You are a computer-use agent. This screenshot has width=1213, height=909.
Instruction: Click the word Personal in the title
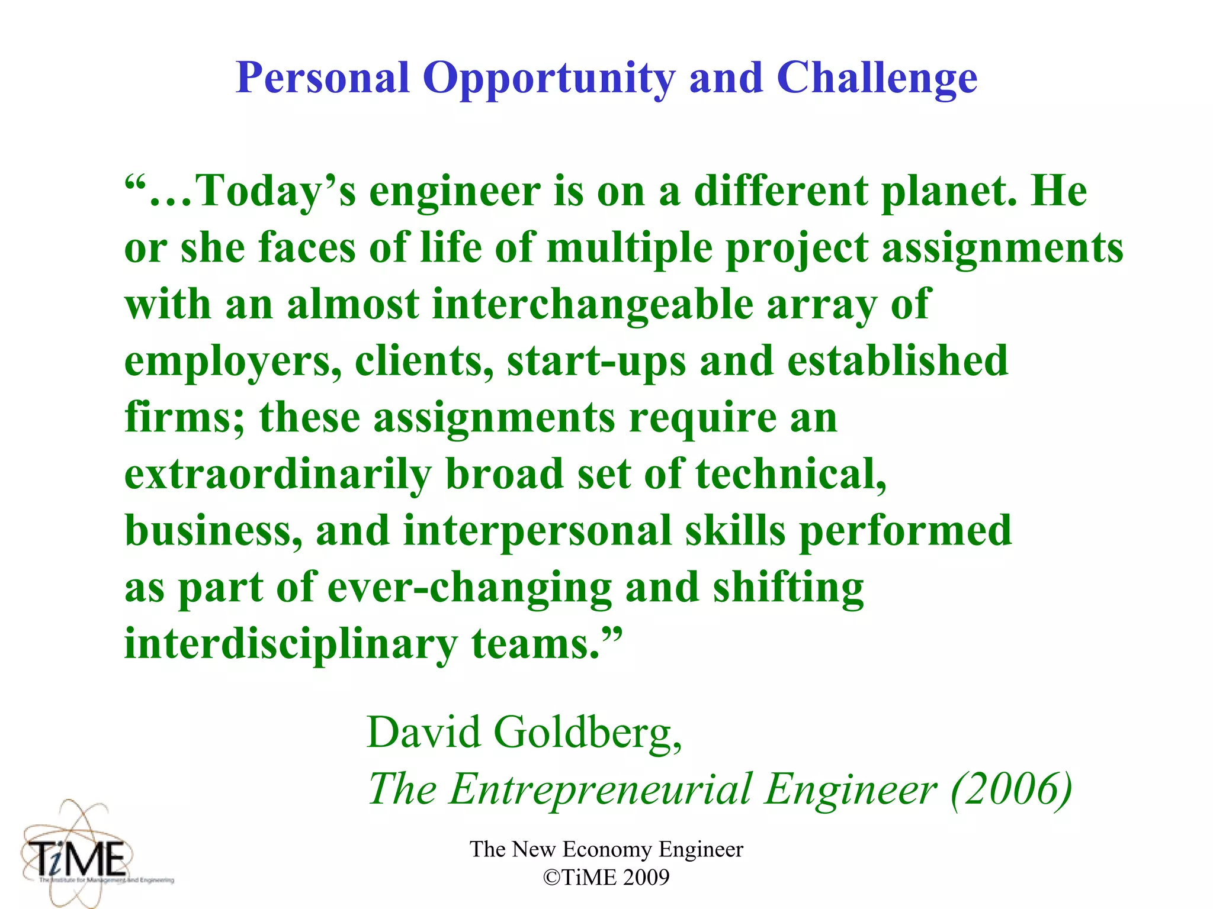click(x=323, y=78)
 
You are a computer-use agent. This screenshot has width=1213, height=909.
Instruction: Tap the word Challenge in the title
click(x=877, y=79)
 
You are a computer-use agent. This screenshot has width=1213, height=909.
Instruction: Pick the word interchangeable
click(x=593, y=304)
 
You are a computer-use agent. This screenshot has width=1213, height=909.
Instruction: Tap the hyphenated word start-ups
click(x=596, y=362)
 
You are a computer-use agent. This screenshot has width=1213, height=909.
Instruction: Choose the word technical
click(x=791, y=475)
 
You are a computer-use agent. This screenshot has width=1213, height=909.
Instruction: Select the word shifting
click(x=788, y=588)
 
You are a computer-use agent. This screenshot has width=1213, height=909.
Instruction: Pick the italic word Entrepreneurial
click(x=600, y=789)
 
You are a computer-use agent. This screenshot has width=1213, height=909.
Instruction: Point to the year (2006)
click(x=1012, y=789)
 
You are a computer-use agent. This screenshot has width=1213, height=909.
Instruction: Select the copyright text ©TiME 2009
click(x=606, y=878)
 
